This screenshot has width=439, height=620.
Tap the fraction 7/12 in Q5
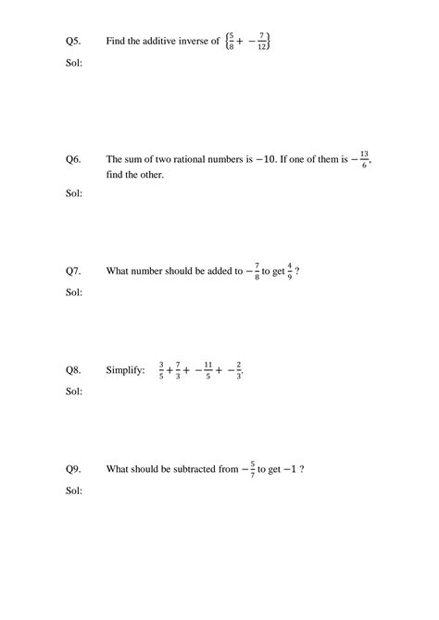(x=263, y=42)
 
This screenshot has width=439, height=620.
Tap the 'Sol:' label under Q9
(x=74, y=490)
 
